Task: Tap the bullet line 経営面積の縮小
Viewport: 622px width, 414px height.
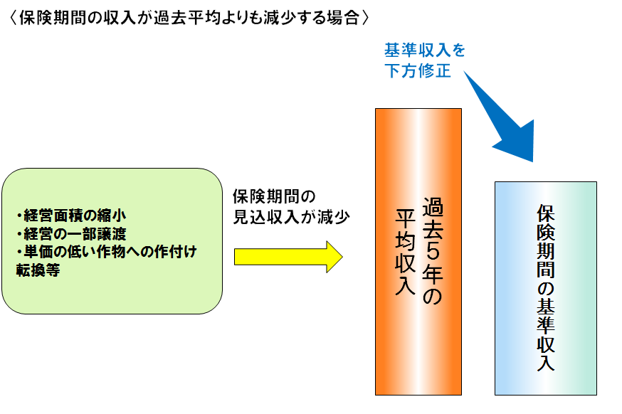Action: tap(70, 213)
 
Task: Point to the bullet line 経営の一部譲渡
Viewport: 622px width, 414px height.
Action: tap(70, 232)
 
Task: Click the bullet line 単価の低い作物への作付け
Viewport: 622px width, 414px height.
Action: tap(105, 251)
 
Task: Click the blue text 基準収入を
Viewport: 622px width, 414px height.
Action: tap(425, 51)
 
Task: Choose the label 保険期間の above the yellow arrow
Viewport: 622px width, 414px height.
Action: tap(274, 196)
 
